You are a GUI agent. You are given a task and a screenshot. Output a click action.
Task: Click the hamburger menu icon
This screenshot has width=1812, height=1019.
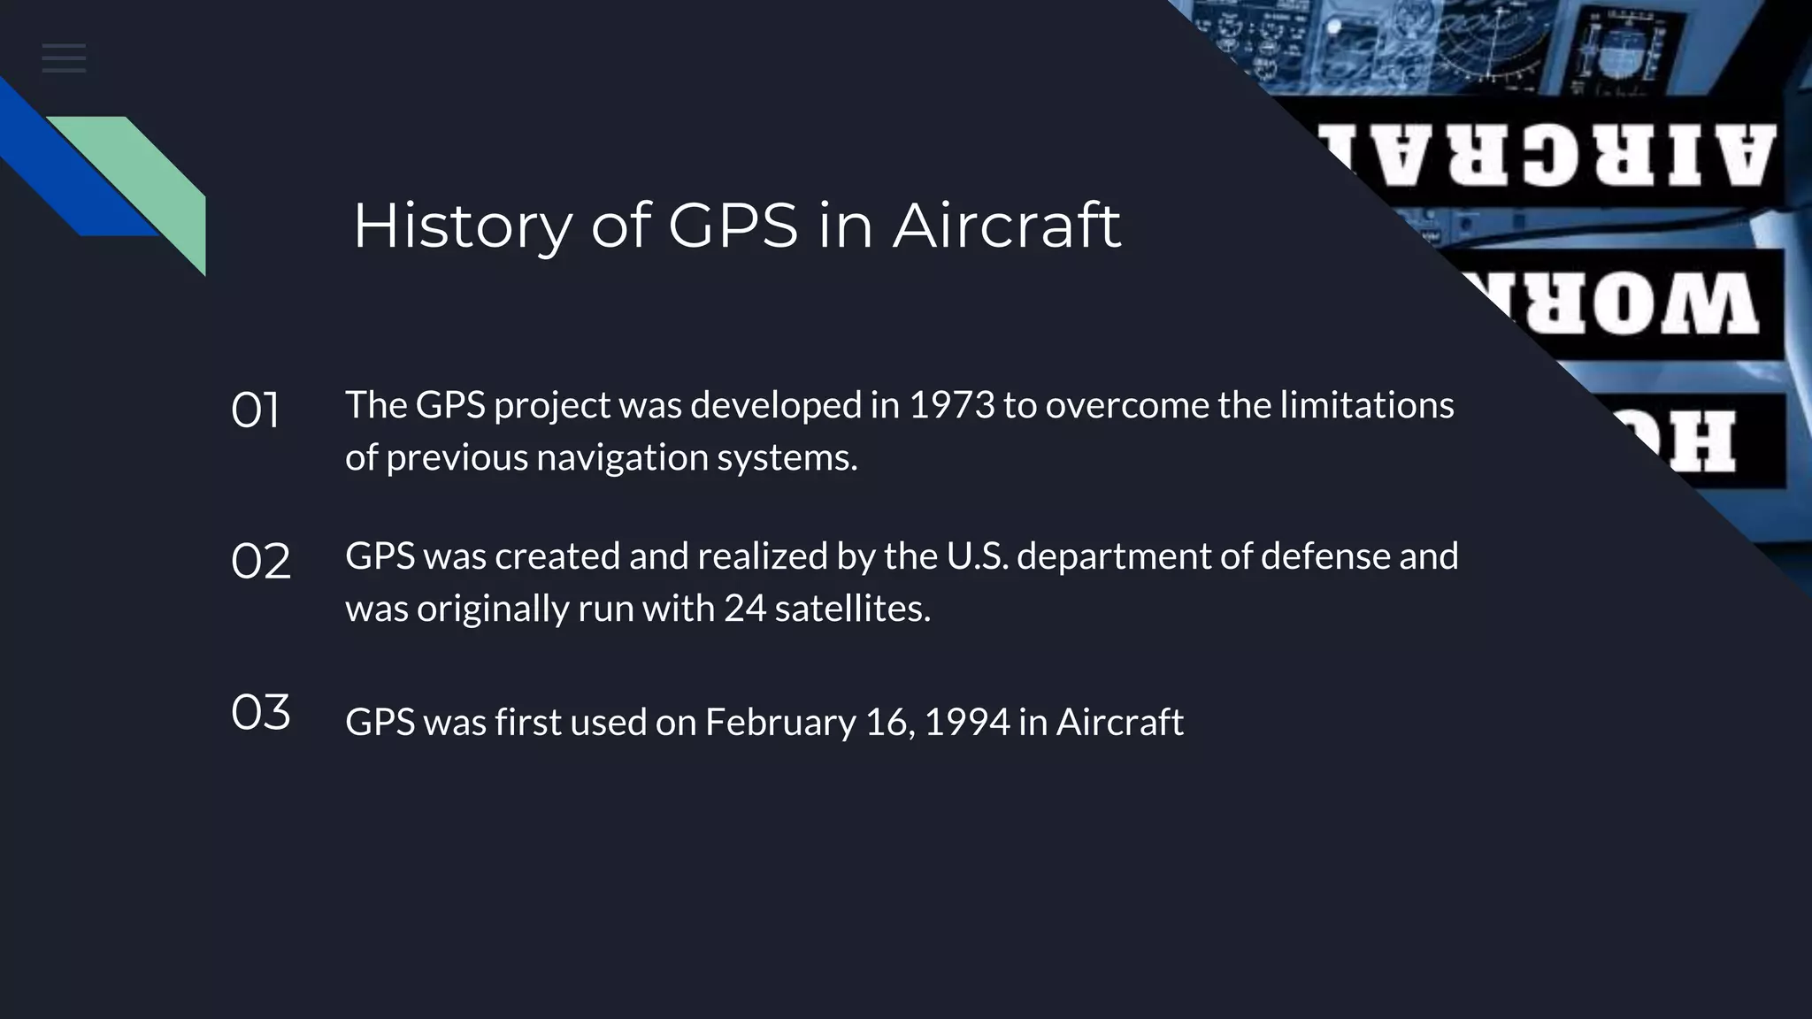tap(64, 58)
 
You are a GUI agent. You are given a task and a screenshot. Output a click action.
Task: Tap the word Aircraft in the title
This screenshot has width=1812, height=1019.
tap(1006, 226)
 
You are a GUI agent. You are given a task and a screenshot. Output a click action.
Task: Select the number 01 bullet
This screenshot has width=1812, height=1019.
tap(255, 410)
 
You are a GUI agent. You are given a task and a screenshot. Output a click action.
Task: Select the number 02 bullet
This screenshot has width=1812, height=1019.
tap(260, 562)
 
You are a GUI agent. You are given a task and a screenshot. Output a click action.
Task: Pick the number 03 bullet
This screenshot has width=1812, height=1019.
tap(260, 712)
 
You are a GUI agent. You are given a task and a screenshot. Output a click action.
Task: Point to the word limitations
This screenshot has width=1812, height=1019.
tap(1367, 405)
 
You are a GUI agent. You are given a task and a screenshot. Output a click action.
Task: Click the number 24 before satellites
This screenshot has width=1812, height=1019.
tap(744, 609)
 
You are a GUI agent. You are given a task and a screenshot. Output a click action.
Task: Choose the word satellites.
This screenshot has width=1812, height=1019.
tap(852, 609)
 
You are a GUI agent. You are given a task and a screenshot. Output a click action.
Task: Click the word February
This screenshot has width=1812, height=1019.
tap(779, 723)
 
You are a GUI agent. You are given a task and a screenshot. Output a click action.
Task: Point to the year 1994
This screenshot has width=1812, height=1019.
tap(966, 722)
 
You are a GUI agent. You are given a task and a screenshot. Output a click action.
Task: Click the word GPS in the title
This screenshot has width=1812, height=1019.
tap(733, 226)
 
